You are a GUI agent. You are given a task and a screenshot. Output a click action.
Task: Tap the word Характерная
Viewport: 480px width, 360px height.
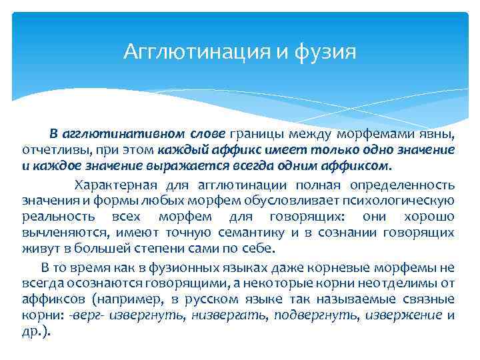(115, 185)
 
